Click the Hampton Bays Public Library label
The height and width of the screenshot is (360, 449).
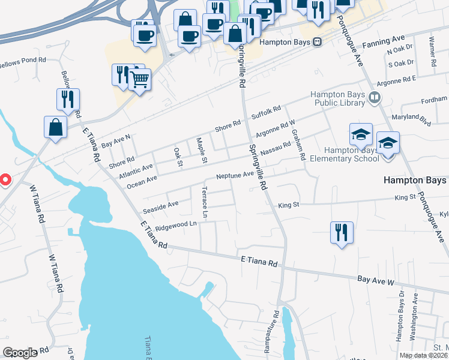(337, 98)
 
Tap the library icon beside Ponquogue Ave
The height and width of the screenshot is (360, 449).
(375, 97)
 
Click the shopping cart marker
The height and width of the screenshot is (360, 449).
(139, 78)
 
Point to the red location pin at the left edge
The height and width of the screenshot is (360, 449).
(5, 179)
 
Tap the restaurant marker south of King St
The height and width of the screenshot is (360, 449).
(342, 232)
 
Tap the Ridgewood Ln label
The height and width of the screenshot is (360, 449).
(176, 225)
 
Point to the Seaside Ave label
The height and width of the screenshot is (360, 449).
(160, 207)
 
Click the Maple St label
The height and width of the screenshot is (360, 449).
(202, 151)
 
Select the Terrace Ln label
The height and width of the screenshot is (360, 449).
(206, 204)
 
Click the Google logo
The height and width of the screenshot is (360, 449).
(20, 353)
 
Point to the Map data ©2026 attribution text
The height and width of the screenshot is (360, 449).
(423, 355)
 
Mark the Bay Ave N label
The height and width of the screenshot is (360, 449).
(115, 141)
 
